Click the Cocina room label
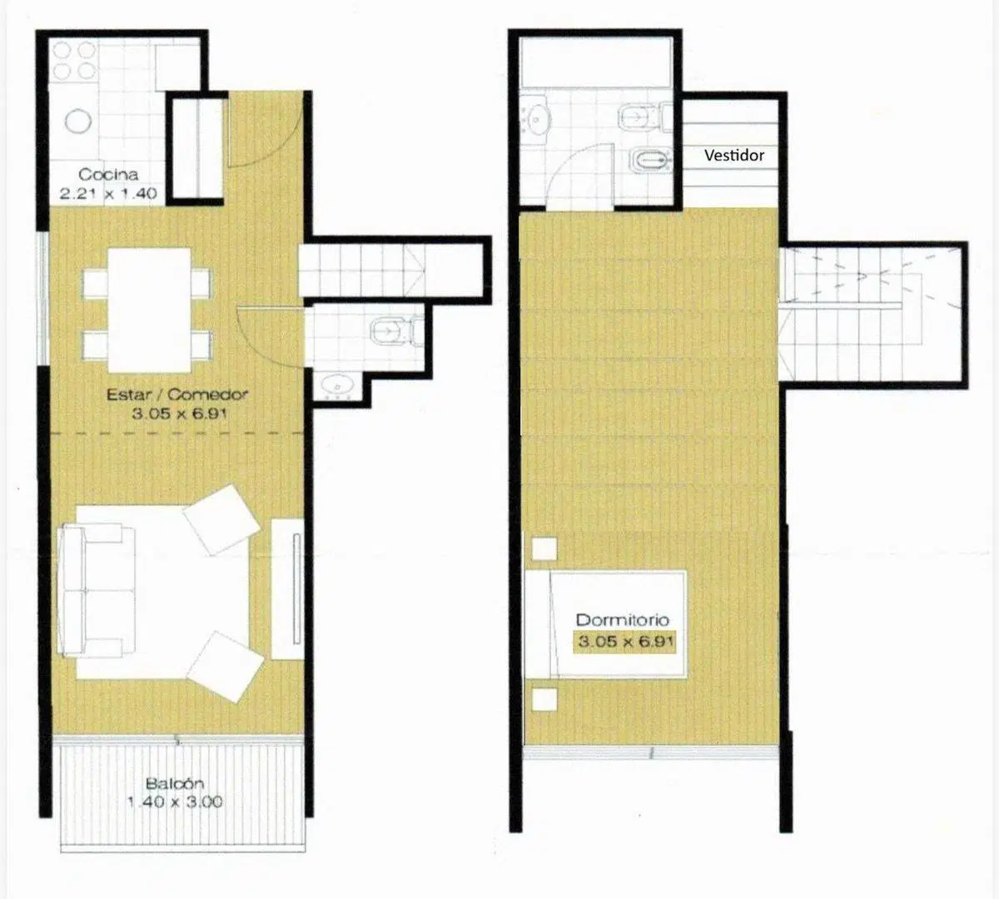[108, 174]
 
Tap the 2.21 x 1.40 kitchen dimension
[108, 193]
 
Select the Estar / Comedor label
[177, 395]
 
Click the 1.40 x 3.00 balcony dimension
[175, 802]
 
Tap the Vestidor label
[734, 156]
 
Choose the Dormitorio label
[623, 620]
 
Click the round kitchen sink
[77, 121]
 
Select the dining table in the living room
[148, 310]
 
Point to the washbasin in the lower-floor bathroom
[337, 385]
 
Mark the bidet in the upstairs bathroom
[651, 161]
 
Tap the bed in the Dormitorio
[605, 624]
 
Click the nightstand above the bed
[544, 549]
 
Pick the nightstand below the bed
[544, 700]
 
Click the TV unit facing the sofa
[288, 589]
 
